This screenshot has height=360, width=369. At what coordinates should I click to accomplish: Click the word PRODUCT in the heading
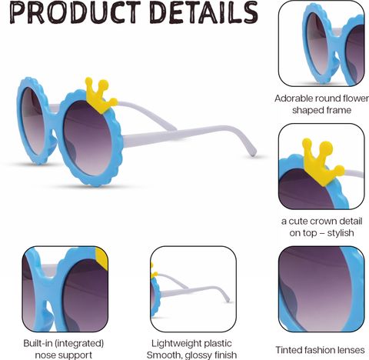[x=75, y=12]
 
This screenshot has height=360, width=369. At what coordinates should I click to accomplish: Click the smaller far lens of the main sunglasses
[x=32, y=121]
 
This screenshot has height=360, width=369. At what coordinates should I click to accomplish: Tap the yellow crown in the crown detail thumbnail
[x=321, y=160]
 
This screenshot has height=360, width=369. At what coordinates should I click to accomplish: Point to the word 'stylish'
[x=341, y=233]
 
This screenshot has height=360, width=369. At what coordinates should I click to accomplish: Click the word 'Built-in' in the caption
[x=38, y=343]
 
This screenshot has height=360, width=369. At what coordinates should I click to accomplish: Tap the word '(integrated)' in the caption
[x=80, y=344]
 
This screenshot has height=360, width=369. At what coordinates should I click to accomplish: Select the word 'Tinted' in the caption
[x=287, y=350]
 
